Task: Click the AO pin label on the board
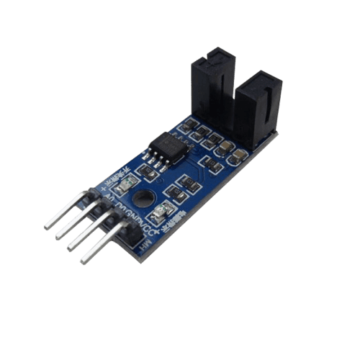coord(109,196)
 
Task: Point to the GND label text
coord(134,212)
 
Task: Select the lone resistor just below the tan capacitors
coord(210,164)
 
